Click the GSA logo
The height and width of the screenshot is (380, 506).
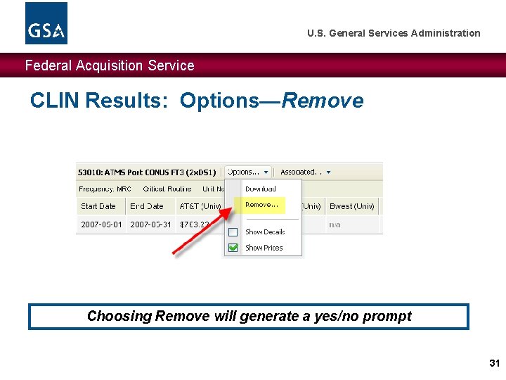pos(46,23)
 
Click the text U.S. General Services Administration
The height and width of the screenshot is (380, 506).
pos(394,33)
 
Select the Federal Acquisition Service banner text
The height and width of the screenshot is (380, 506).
pos(110,65)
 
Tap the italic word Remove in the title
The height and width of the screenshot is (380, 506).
pos(323,101)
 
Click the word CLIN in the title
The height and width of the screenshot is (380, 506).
pos(54,101)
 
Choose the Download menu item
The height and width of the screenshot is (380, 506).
pos(260,189)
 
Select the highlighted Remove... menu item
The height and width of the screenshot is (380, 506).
pos(262,205)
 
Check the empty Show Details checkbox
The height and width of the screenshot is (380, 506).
pos(233,232)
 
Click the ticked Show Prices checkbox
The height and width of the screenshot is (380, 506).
pos(233,248)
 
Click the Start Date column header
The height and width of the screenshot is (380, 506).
pos(98,206)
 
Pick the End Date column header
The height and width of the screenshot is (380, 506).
pos(147,206)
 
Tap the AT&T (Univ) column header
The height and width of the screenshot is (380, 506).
pos(200,206)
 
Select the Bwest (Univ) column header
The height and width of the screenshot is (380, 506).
pos(351,206)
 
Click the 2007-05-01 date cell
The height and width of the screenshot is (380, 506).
pos(101,224)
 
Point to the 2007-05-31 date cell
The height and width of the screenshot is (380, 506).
pos(150,224)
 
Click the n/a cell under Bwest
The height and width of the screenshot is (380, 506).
pos(335,224)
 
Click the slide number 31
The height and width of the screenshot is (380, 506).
pos(493,363)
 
